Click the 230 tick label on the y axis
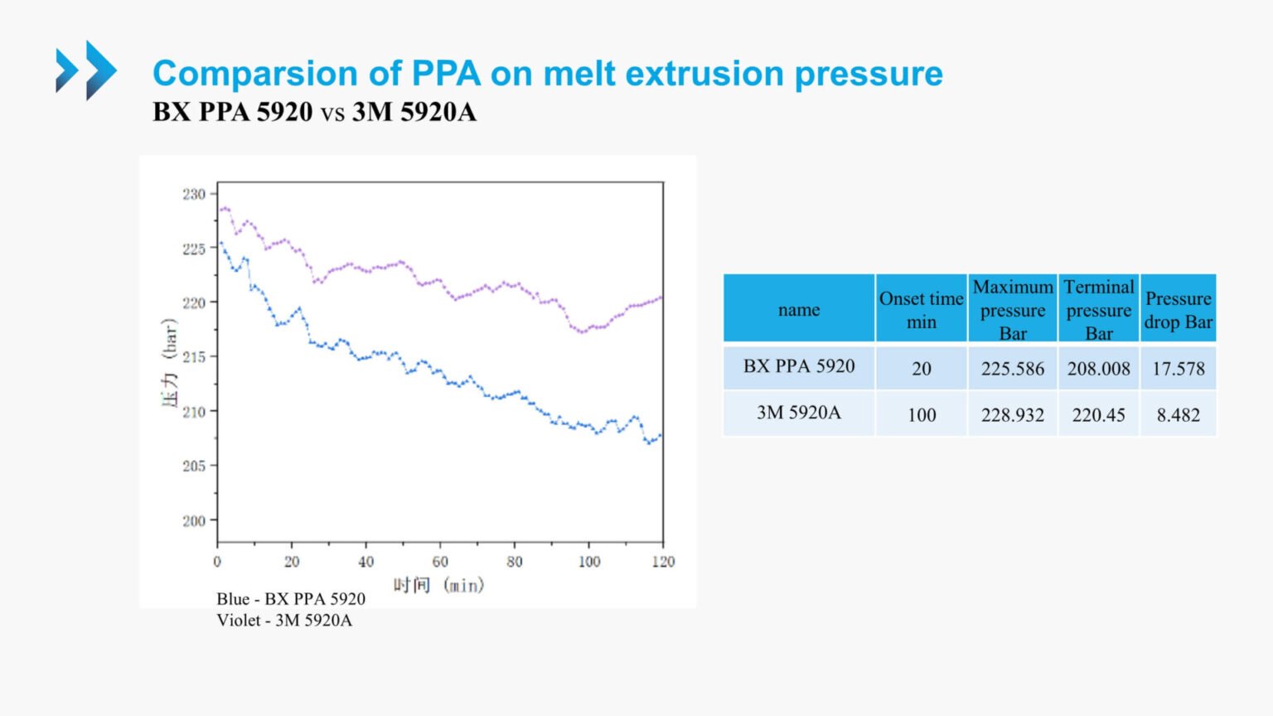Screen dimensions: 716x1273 click(x=194, y=194)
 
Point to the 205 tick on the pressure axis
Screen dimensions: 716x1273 click(x=194, y=466)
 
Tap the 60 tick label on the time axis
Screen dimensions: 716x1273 click(x=440, y=562)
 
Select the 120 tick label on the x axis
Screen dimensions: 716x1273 click(x=663, y=562)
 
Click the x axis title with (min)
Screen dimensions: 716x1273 click(x=438, y=586)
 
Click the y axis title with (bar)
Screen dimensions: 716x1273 click(x=169, y=362)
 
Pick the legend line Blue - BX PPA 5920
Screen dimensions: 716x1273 click(x=291, y=599)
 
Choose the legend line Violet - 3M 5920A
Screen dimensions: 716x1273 click(x=284, y=621)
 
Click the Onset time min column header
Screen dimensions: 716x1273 click(x=921, y=310)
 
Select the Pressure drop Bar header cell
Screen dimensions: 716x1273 click(x=1178, y=310)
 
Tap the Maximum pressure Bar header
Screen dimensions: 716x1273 click(x=1013, y=310)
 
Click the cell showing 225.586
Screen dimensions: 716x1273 click(x=1013, y=369)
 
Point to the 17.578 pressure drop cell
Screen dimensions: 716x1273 click(x=1178, y=369)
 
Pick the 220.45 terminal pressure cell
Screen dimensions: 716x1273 click(x=1098, y=414)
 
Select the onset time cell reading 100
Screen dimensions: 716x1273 click(x=921, y=414)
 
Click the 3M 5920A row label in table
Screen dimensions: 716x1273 click(x=798, y=413)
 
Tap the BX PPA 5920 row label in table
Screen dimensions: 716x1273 click(x=798, y=366)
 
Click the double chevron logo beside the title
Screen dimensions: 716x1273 click(x=85, y=70)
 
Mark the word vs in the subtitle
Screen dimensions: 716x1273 click(x=332, y=113)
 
